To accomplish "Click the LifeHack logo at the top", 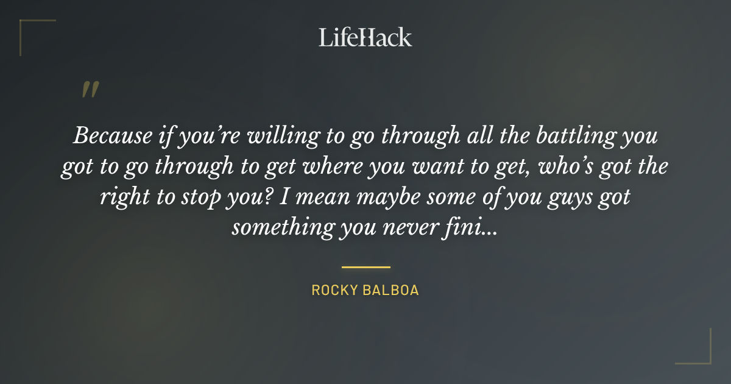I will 365,38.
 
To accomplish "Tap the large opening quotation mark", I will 90,90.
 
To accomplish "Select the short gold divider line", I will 365,267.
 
